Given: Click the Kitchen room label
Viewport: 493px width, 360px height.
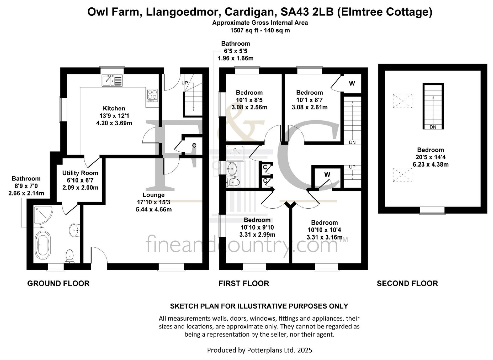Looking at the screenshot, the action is pos(114,108).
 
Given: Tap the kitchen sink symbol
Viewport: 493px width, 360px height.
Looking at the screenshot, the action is pos(112,81).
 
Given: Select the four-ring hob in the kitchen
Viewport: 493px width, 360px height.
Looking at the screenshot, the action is pos(152,95).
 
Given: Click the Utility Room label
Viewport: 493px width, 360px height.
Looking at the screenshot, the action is pos(80,173).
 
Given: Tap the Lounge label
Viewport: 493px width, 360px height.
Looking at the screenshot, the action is pos(153,195).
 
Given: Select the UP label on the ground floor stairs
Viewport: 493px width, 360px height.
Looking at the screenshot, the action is pos(185,83).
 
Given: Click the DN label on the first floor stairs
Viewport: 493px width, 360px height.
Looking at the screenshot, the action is pos(352,142).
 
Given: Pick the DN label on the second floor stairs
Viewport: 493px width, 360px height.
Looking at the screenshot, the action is pos(433,127).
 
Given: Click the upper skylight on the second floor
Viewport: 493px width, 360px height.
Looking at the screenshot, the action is pos(402,101).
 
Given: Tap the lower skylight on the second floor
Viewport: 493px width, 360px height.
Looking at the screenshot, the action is pos(402,175).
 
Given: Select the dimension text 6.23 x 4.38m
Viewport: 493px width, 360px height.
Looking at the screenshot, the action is pos(430,165).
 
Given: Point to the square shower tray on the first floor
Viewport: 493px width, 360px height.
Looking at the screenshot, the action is pos(235,153).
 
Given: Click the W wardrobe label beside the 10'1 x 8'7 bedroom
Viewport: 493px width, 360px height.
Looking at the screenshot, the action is pos(352,84).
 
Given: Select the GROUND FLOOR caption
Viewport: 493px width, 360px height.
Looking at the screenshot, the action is pos(58,283).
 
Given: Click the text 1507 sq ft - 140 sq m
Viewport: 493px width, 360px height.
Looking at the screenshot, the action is pos(260,30).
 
